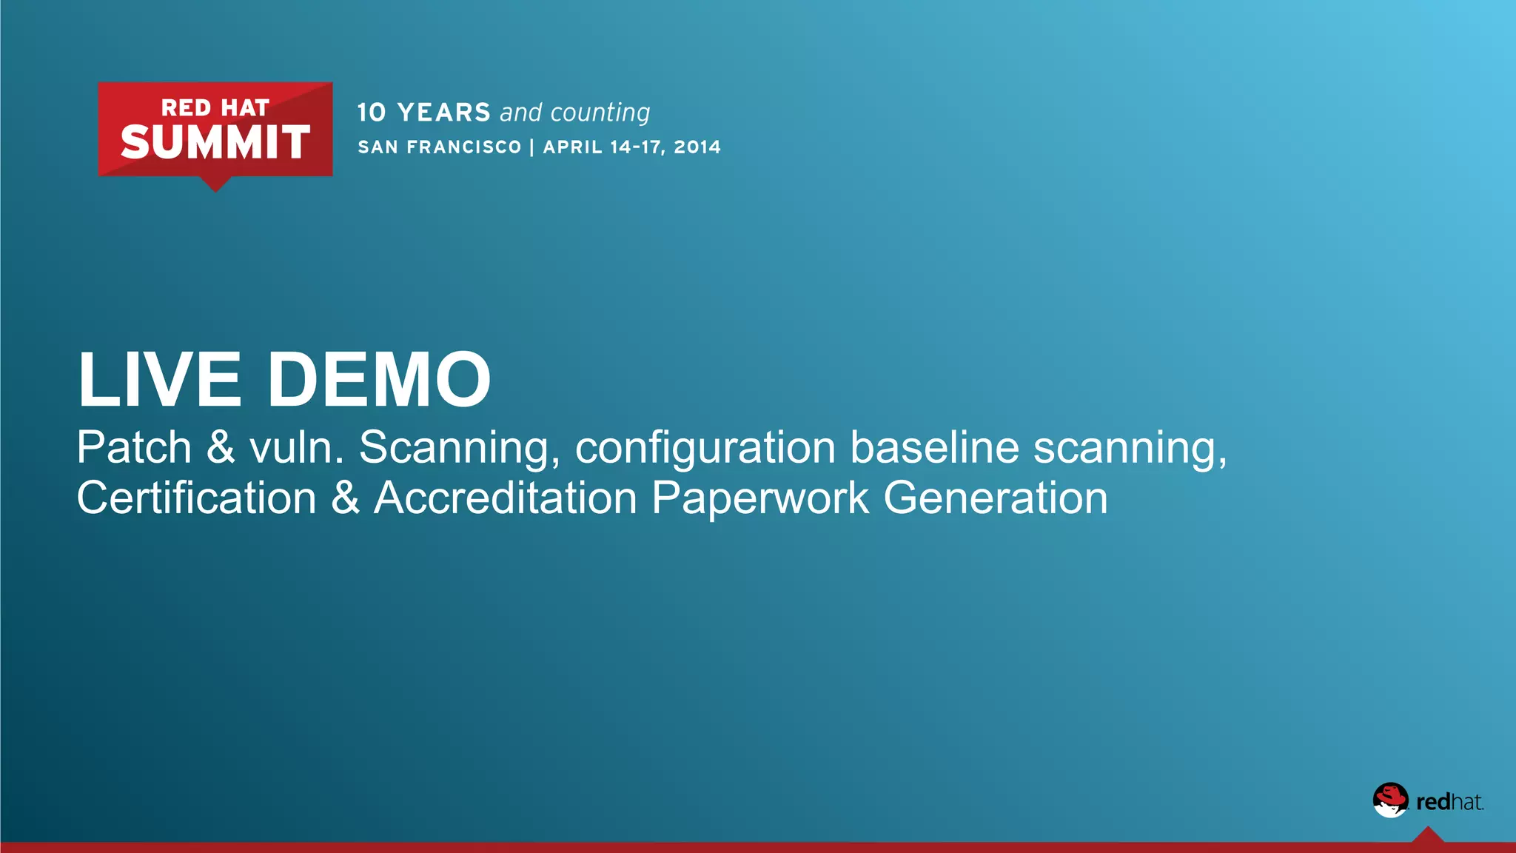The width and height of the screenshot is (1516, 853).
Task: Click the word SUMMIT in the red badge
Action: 215,142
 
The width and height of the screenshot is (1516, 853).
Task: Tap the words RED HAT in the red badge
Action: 215,108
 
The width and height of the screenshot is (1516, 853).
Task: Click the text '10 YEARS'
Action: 423,113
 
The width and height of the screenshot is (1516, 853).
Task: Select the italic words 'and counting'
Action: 574,113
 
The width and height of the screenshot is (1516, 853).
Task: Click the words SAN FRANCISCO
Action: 440,147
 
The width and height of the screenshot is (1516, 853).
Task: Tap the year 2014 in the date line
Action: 697,147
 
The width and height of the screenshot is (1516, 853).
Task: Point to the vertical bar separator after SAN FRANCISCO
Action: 531,147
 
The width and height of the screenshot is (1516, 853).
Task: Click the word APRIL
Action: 573,147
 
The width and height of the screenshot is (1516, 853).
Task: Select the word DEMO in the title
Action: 379,380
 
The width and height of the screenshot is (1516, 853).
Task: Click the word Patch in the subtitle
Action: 134,448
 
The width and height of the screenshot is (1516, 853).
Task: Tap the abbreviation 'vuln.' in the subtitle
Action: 296,448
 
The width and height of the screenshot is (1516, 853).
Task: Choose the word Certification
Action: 197,498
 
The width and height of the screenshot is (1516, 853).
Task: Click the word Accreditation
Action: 506,498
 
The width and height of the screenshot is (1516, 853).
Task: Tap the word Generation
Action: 996,498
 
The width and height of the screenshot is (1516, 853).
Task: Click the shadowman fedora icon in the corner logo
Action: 1389,800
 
